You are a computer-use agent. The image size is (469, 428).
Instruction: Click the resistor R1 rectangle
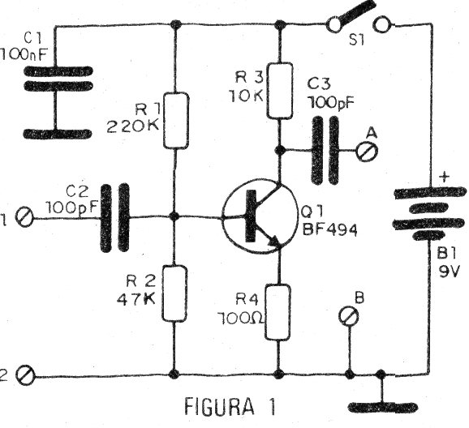point(176,120)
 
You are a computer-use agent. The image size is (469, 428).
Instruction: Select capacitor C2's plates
point(114,216)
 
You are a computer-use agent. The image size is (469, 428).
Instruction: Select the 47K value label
point(136,297)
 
